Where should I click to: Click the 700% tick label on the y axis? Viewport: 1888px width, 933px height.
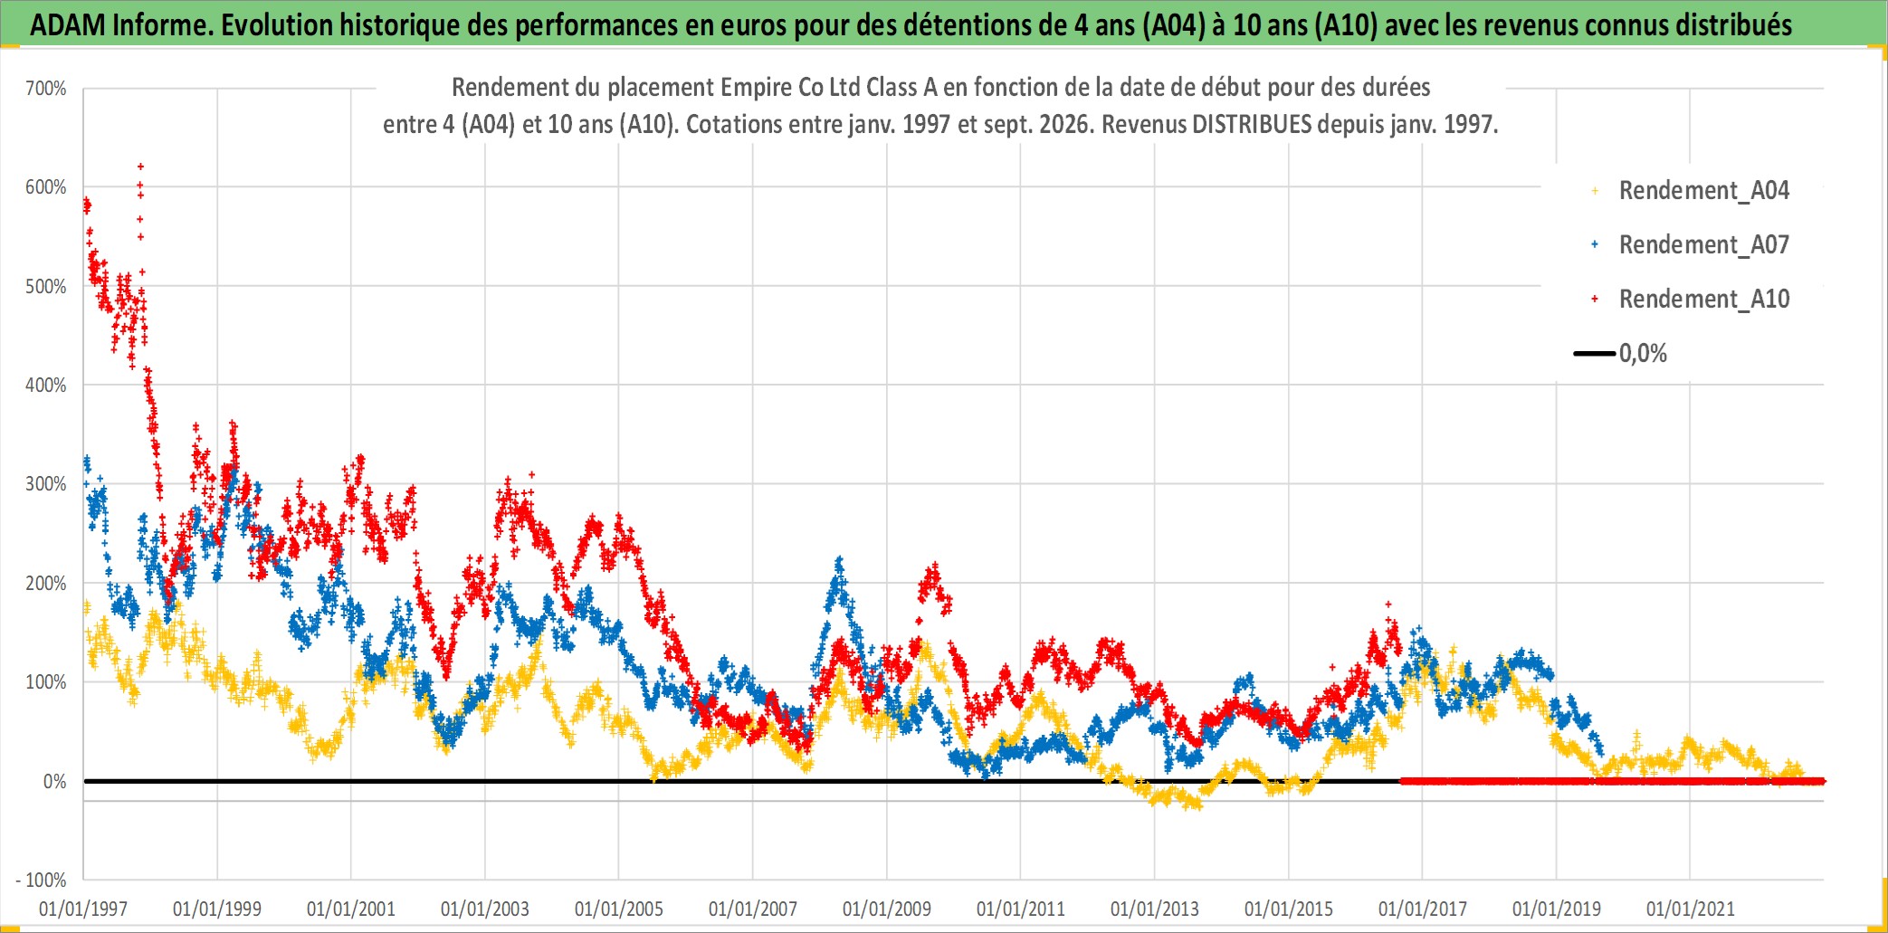coord(45,89)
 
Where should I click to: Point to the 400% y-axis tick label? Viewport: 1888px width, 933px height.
coord(45,386)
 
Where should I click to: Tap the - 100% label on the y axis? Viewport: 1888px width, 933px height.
coord(41,880)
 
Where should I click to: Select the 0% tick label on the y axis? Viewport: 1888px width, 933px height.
coord(54,781)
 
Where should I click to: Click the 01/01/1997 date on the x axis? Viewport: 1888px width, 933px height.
coord(83,909)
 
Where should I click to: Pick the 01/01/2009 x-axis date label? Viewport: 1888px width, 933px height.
coord(887,909)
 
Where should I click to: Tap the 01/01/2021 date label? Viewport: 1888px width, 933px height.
coord(1691,909)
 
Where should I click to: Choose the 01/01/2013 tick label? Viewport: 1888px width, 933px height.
coord(1155,909)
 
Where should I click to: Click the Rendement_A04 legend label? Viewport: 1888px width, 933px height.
coord(1704,191)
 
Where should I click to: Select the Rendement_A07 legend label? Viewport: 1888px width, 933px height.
coord(1704,245)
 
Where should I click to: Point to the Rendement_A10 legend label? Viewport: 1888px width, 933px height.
coord(1704,300)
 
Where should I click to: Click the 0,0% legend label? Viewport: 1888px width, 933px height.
coord(1643,354)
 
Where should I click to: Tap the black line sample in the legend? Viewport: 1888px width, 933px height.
coord(1595,353)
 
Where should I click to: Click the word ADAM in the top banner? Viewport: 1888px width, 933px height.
coord(68,25)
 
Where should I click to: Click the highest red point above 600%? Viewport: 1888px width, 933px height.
coord(140,167)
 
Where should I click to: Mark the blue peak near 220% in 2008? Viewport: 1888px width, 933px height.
coord(839,560)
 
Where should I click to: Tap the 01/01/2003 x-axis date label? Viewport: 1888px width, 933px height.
coord(485,909)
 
